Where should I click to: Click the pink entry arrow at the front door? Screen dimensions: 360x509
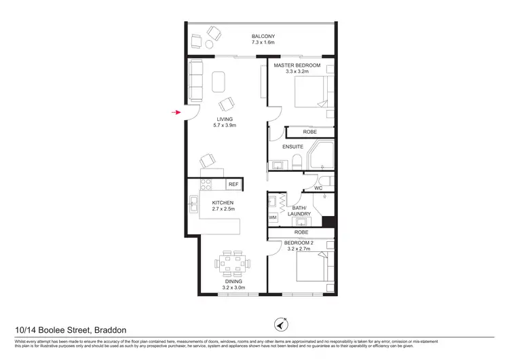[x=178, y=113]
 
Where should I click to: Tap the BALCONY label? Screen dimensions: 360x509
[x=262, y=36]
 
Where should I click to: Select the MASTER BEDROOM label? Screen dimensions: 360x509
[x=296, y=65]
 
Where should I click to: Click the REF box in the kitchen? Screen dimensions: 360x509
[x=233, y=184]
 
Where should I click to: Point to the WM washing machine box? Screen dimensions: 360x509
[x=273, y=217]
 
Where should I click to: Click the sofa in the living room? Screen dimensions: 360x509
[x=195, y=79]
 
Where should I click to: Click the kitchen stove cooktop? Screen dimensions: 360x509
[x=207, y=184]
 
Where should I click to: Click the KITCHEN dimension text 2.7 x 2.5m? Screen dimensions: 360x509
[x=223, y=209]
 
